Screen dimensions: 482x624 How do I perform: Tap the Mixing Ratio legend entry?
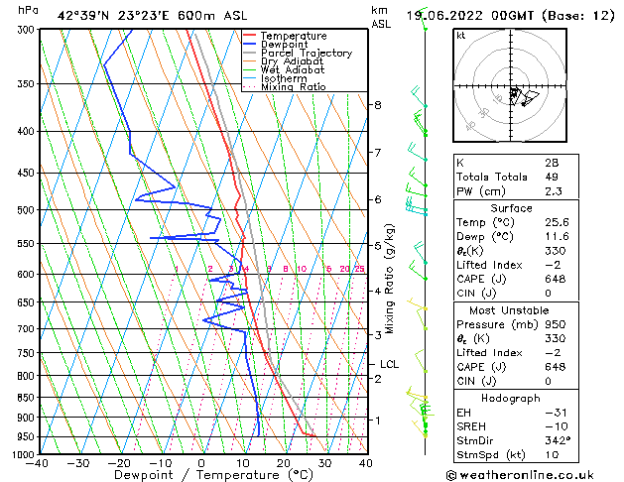coord(293,87)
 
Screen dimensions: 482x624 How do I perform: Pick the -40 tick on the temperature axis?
coord(39,463)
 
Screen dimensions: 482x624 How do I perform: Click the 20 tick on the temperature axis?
coord(284,463)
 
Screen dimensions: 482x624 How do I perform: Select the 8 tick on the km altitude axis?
coord(377,105)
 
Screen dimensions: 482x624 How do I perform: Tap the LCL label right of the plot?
coord(389,365)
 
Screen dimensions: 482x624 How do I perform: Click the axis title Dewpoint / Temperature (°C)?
coord(201,476)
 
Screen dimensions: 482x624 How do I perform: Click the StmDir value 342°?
coord(556,440)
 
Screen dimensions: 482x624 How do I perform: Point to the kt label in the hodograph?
coord(460,36)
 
